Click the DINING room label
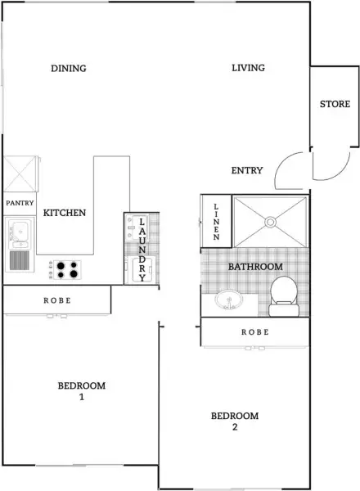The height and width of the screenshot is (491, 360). click(x=68, y=68)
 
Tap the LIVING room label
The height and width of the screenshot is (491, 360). click(x=248, y=68)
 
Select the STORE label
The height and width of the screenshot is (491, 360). click(x=335, y=104)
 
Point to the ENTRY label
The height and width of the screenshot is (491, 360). click(x=247, y=170)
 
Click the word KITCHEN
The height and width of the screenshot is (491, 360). click(x=65, y=213)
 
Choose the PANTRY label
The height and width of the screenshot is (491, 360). click(x=19, y=201)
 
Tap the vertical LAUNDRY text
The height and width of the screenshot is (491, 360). click(x=142, y=250)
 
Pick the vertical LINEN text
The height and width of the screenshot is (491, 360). click(x=216, y=221)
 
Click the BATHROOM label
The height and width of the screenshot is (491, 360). click(x=255, y=267)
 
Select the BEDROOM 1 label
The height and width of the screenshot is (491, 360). click(x=81, y=391)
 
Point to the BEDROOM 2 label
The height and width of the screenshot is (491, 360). click(x=235, y=421)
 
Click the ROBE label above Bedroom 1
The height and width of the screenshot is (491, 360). click(x=57, y=300)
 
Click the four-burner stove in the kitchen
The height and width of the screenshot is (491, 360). click(x=65, y=268)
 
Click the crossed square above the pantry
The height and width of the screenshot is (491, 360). click(x=19, y=173)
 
